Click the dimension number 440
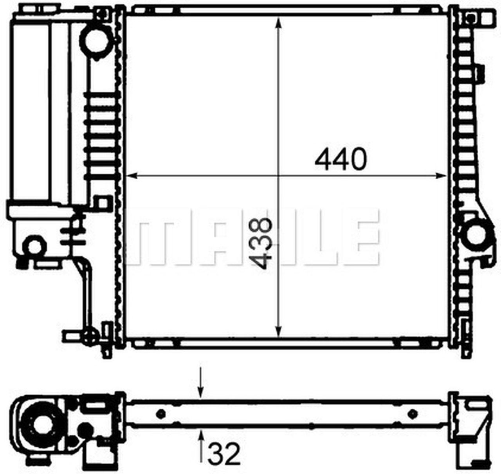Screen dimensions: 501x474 [x=341, y=159]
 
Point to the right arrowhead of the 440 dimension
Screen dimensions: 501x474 [x=441, y=175]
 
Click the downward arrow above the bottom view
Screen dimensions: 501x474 [x=201, y=382]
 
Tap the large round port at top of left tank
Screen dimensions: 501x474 [x=96, y=42]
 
